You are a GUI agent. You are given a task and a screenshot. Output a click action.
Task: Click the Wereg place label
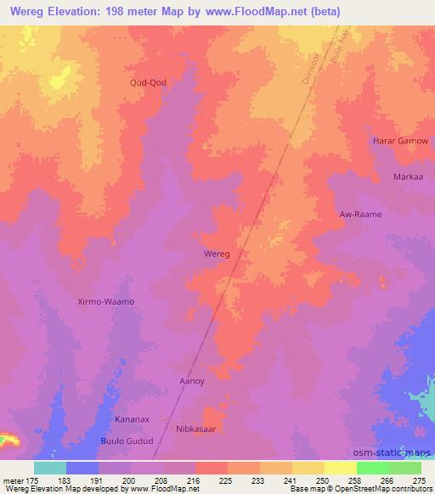click(x=217, y=254)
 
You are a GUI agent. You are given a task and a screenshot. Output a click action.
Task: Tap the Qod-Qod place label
click(x=148, y=82)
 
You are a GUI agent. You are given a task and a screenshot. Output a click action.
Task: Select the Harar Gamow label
click(x=401, y=140)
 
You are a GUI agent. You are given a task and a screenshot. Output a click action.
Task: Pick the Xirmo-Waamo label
click(x=106, y=301)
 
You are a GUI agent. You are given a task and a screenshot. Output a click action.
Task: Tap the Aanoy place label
click(x=191, y=381)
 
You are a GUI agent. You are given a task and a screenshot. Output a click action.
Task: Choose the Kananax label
click(x=133, y=419)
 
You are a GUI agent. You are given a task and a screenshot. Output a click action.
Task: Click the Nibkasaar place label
click(x=200, y=429)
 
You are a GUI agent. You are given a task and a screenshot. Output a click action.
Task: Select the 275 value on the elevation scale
click(x=419, y=480)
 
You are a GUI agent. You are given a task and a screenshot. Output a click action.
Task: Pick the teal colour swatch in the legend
click(x=50, y=468)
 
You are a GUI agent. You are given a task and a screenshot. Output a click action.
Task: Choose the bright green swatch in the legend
click(x=372, y=468)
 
